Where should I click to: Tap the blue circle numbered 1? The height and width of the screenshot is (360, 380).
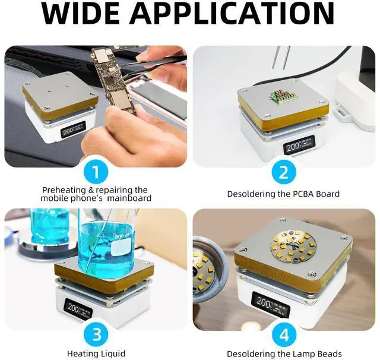pos(96,172)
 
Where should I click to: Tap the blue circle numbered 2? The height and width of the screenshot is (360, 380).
pos(283,172)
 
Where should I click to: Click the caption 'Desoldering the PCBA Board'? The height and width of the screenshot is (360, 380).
pos(283,194)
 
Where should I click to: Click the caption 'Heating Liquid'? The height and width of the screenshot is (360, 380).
pos(96,353)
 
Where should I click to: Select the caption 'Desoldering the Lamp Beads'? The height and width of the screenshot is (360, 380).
pos(284,353)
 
